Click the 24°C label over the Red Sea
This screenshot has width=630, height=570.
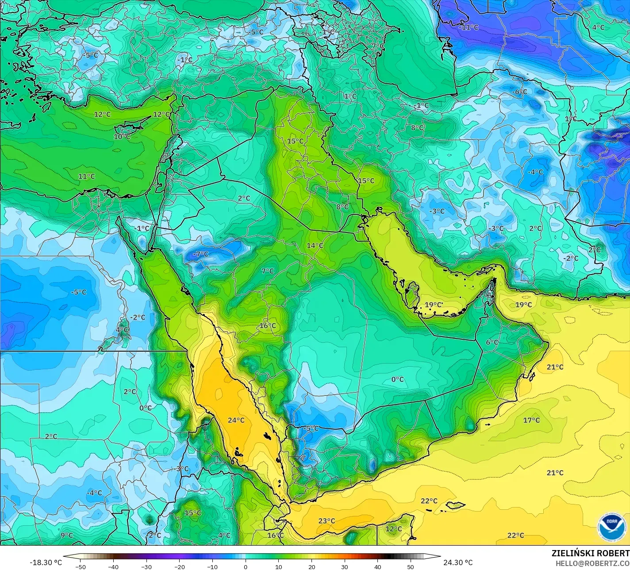pos(236,420)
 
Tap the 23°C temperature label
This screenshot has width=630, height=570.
pos(327,521)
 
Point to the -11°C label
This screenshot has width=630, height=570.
pos(469,27)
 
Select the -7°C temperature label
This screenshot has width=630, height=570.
pos(200,254)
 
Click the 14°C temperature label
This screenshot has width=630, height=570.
pos(315,245)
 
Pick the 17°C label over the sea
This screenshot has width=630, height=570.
pos(531,420)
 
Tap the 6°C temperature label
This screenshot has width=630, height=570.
pos(492,342)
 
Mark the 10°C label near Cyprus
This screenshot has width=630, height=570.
pos(122,136)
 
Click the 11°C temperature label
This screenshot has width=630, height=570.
pos(86,176)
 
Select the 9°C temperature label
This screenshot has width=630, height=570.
pos(66,535)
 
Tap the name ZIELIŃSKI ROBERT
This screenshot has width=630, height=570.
pos(590,554)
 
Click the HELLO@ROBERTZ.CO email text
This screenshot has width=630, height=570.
pos(592,563)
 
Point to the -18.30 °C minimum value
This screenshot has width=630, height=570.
pos(46,562)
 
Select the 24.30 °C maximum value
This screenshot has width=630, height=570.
pos(458,562)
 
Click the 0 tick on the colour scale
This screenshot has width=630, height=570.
pos(246,567)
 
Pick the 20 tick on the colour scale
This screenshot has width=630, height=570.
pos(311,567)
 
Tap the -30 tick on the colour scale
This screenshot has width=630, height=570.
pos(146,567)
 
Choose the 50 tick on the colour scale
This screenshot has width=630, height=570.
pos(411,567)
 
